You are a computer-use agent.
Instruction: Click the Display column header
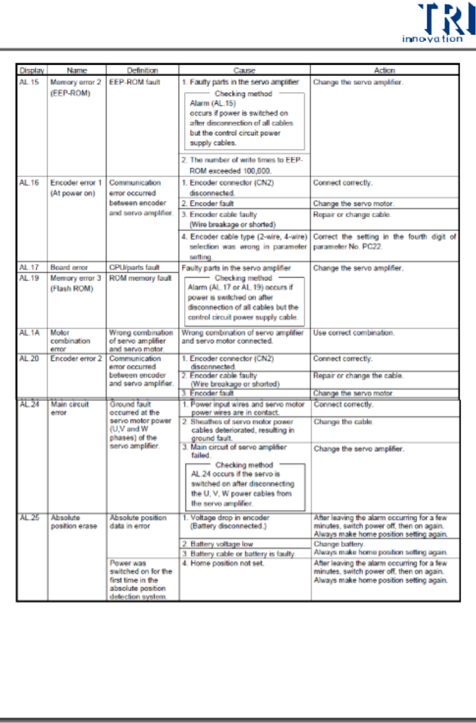32,70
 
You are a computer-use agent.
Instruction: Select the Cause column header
244,70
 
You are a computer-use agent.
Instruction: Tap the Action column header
384,70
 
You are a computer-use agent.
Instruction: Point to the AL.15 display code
29,82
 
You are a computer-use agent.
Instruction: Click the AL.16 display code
29,182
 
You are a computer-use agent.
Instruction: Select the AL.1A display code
29,332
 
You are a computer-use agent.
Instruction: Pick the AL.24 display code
29,404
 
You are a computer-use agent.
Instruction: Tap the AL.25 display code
29,518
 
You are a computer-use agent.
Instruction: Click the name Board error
69,268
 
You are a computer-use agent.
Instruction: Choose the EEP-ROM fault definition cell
135,82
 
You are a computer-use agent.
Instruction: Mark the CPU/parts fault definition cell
134,268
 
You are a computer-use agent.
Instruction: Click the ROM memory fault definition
140,278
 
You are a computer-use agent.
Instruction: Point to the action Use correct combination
353,333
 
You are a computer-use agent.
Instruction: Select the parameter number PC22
372,247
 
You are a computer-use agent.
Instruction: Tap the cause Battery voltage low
222,544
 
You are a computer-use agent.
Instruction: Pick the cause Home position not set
227,563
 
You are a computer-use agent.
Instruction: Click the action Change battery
339,544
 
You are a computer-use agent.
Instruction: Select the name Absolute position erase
74,522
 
